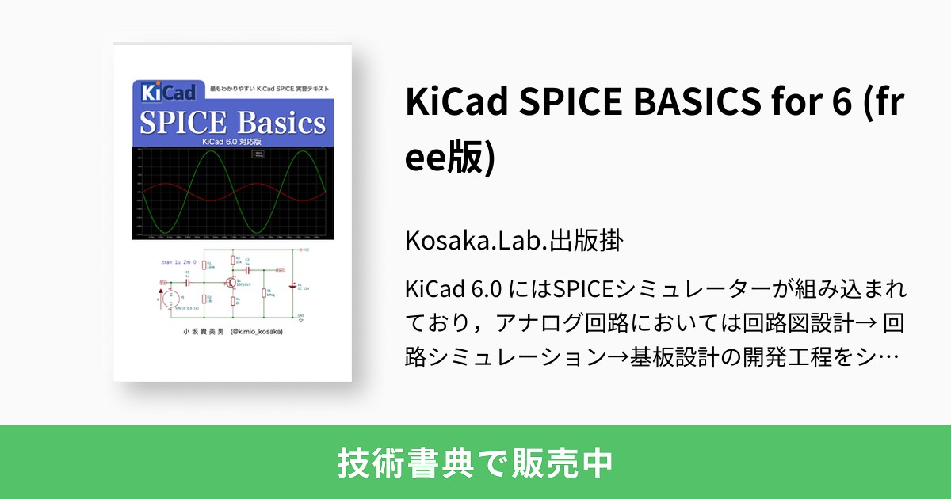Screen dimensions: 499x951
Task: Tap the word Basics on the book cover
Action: click(279, 123)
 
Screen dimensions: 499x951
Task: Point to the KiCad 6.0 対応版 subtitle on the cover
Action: click(231, 142)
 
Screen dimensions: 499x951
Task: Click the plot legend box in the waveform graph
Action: click(258, 154)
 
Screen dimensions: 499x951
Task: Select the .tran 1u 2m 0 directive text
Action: click(178, 261)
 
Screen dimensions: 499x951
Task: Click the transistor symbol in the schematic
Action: click(231, 282)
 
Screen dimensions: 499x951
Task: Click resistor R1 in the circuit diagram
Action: click(204, 265)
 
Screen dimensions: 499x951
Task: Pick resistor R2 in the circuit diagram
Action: click(204, 299)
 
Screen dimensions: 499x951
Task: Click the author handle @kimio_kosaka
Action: click(256, 332)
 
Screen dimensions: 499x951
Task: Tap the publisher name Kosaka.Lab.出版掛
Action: click(512, 241)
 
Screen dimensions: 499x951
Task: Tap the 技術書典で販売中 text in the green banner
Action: click(475, 462)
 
